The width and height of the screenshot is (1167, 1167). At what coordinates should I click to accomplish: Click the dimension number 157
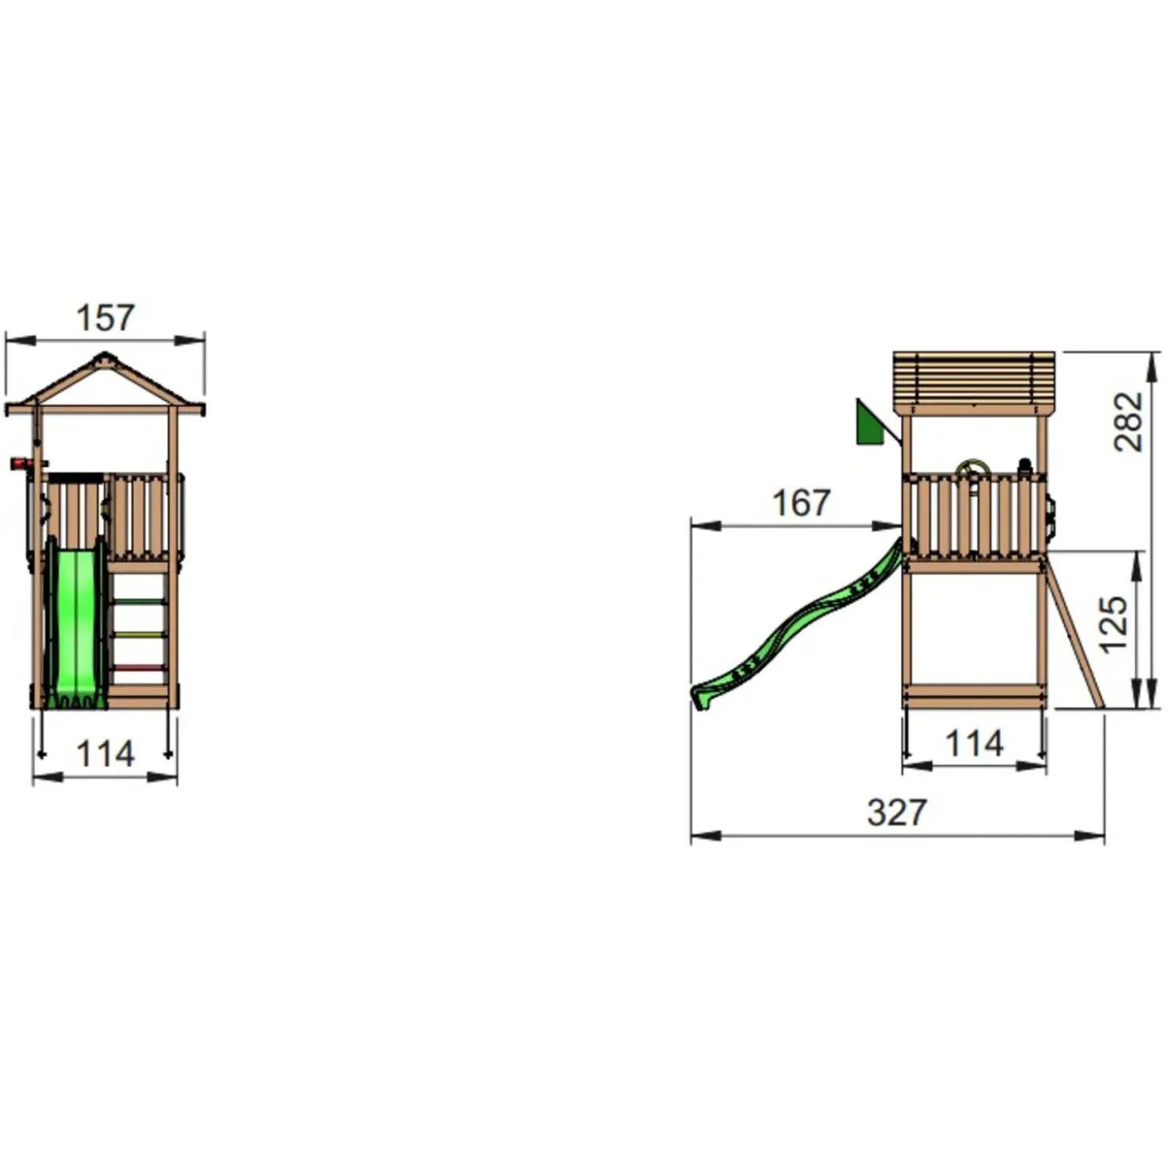[106, 318]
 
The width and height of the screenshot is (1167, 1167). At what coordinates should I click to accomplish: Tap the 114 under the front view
[106, 754]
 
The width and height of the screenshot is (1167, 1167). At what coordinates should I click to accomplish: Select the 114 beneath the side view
[974, 743]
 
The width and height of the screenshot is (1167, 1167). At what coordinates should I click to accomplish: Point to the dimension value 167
[801, 504]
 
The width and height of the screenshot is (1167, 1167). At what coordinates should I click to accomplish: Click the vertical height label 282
[1129, 421]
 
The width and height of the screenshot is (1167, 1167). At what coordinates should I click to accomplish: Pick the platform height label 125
[1113, 624]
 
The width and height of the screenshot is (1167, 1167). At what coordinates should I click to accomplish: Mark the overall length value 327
[897, 813]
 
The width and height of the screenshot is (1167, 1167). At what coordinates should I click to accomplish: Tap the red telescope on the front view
[22, 464]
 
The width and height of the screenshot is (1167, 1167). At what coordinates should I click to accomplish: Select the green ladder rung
[140, 602]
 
